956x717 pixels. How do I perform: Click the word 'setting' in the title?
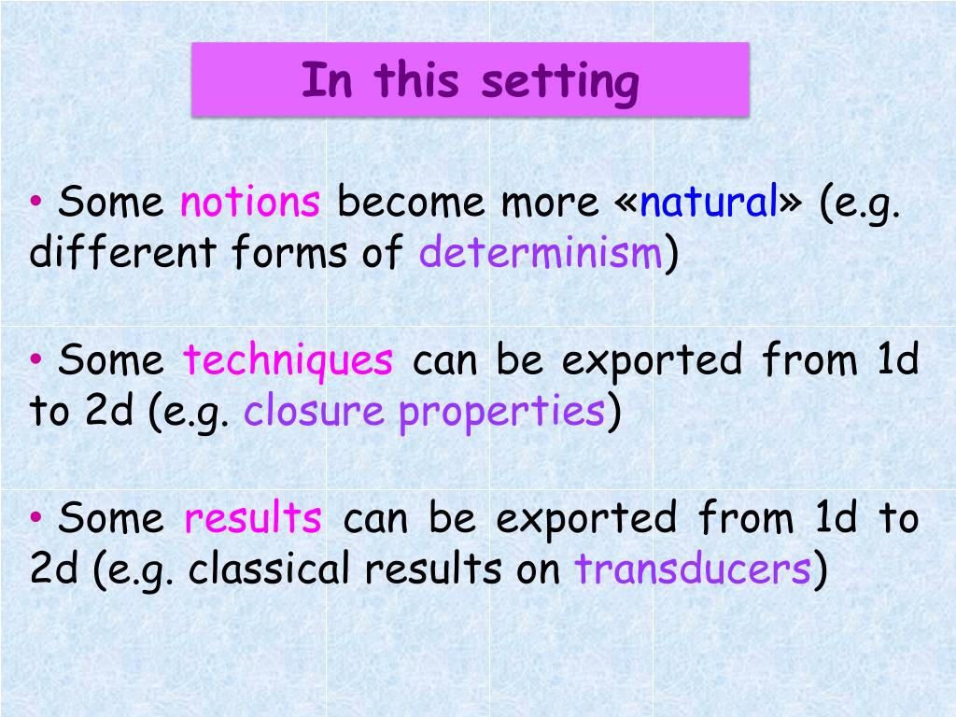(560, 83)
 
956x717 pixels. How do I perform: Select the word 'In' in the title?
(327, 79)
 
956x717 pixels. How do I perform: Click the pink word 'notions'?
(250, 201)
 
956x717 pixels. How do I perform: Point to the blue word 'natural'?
(709, 201)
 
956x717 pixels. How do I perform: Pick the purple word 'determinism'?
(541, 251)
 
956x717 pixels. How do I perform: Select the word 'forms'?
(289, 251)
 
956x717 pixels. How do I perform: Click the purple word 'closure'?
(314, 410)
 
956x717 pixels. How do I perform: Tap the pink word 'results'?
(253, 517)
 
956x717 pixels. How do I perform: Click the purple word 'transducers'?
(693, 568)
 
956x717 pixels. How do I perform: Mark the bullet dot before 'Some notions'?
(36, 200)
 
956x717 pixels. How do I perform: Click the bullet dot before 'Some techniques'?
(36, 359)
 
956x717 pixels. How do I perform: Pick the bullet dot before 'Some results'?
(36, 517)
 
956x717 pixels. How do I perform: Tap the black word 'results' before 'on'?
(433, 568)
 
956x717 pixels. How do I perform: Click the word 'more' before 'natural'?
(550, 204)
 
